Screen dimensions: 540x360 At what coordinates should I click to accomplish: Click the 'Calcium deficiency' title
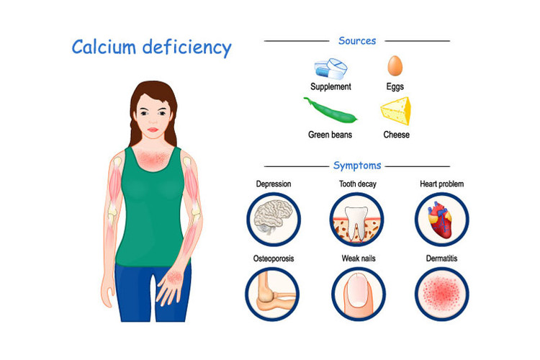(151, 48)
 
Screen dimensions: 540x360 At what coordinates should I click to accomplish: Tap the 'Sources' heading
(357, 40)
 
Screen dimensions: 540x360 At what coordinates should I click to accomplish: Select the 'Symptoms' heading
(357, 166)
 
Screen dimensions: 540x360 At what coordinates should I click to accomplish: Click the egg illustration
(395, 66)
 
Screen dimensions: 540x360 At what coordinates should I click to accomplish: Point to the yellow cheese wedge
(396, 111)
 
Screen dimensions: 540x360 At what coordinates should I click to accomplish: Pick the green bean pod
(330, 110)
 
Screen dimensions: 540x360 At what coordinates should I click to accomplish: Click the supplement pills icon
(330, 68)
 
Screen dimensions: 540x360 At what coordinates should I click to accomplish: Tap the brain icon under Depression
(274, 217)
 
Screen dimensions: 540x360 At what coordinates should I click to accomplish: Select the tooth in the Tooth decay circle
(356, 223)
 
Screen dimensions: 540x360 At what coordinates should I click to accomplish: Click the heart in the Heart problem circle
(440, 220)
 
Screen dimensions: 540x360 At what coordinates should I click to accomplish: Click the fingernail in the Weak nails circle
(358, 290)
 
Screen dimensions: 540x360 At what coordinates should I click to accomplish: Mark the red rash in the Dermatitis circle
(441, 294)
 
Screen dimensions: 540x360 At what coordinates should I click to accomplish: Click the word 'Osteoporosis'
(274, 258)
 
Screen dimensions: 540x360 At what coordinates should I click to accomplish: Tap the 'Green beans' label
(330, 135)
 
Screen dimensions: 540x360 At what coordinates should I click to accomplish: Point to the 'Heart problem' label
(441, 184)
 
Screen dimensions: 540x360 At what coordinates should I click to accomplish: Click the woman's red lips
(153, 130)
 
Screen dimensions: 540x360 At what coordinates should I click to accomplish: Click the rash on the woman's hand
(175, 276)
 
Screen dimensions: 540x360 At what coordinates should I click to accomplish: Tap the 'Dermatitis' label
(441, 258)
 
